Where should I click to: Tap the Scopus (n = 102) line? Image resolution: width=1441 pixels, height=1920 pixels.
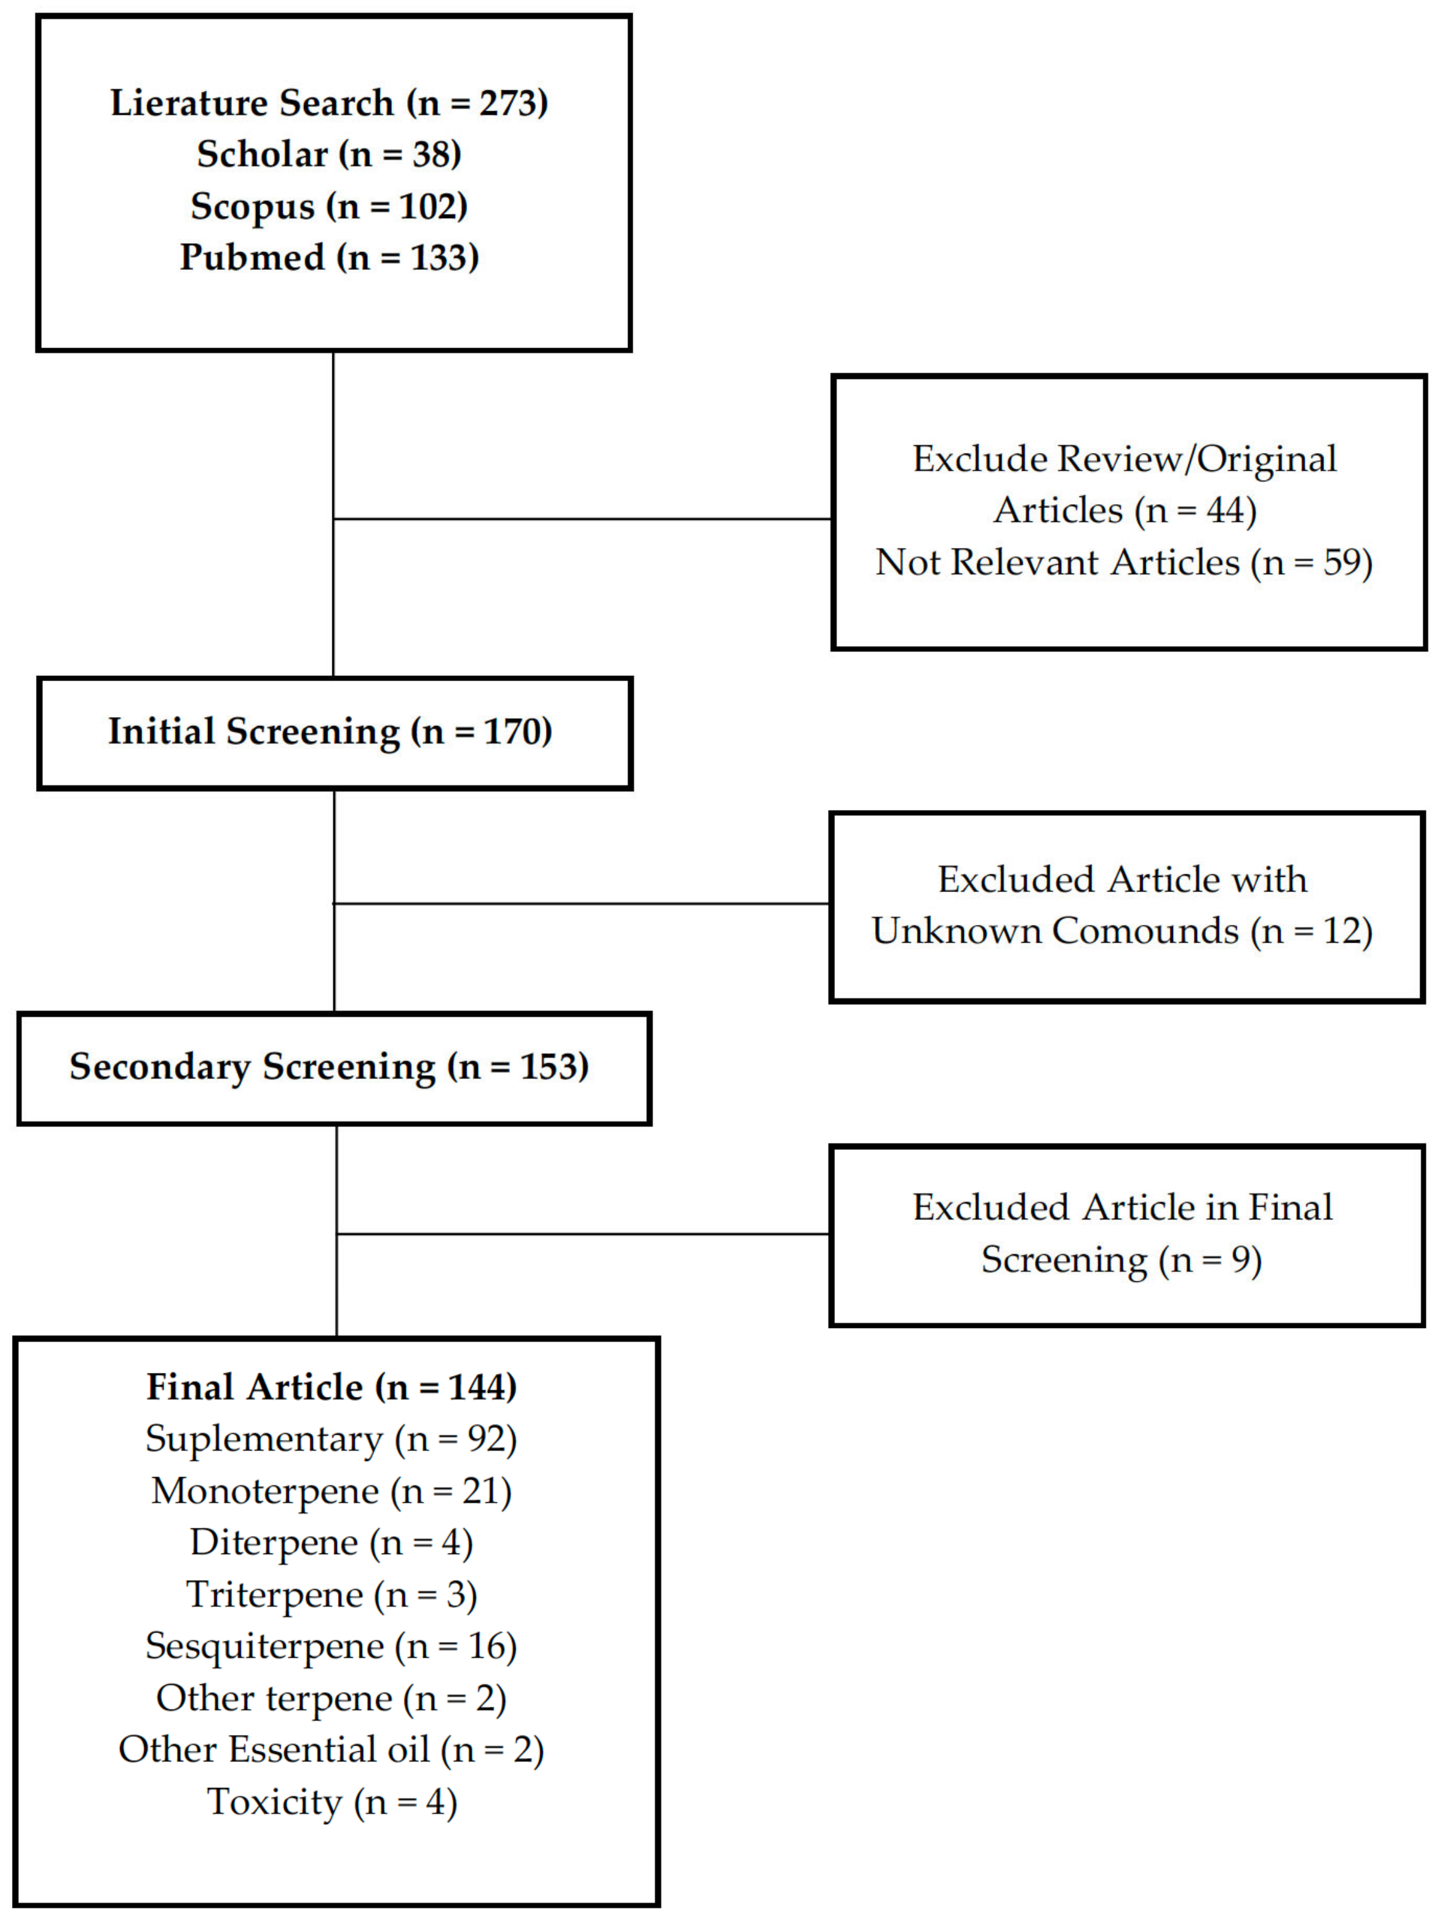[329, 207]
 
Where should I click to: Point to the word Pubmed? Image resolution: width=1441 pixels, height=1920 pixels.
[252, 258]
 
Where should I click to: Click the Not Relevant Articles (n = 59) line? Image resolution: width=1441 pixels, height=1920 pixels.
[1123, 562]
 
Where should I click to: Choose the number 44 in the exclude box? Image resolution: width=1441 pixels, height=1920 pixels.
[1225, 510]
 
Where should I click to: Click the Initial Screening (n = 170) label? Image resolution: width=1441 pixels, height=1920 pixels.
[330, 732]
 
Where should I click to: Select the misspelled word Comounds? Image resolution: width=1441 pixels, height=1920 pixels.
[1145, 931]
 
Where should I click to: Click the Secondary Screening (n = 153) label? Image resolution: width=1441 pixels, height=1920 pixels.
[330, 1066]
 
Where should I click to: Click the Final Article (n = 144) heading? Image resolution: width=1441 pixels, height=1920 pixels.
[332, 1387]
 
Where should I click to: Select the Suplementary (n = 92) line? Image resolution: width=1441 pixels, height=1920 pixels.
[332, 1439]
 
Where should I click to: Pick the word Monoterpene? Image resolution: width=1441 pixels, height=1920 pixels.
[265, 1491]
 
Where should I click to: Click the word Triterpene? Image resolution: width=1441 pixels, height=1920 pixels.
[274, 1595]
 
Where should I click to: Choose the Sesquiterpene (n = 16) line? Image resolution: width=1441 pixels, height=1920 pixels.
[332, 1646]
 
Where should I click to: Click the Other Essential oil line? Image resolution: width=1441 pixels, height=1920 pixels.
[332, 1750]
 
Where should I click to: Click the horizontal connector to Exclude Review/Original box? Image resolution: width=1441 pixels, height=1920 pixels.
[581, 519]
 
